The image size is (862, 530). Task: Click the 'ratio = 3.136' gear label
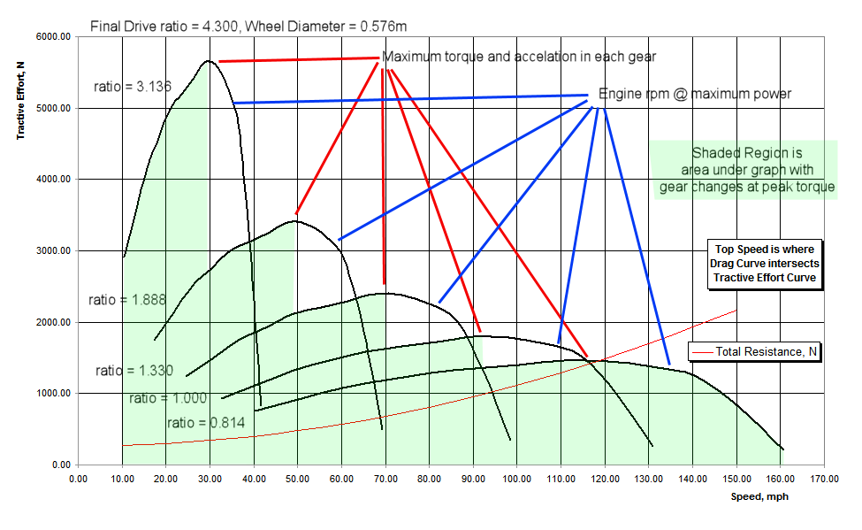132,87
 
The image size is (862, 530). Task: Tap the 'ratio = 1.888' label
127,300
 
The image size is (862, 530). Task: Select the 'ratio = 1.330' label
134,371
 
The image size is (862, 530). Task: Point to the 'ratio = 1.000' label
167,398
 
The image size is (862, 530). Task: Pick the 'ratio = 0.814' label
204,422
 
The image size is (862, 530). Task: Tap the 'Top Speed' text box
765,263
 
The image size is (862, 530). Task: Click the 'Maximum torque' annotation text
519,58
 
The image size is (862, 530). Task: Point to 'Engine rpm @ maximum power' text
695,94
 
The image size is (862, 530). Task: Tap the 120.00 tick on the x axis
605,479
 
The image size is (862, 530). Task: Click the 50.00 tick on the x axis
297,479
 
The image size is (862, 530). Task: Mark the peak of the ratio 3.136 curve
208,61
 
